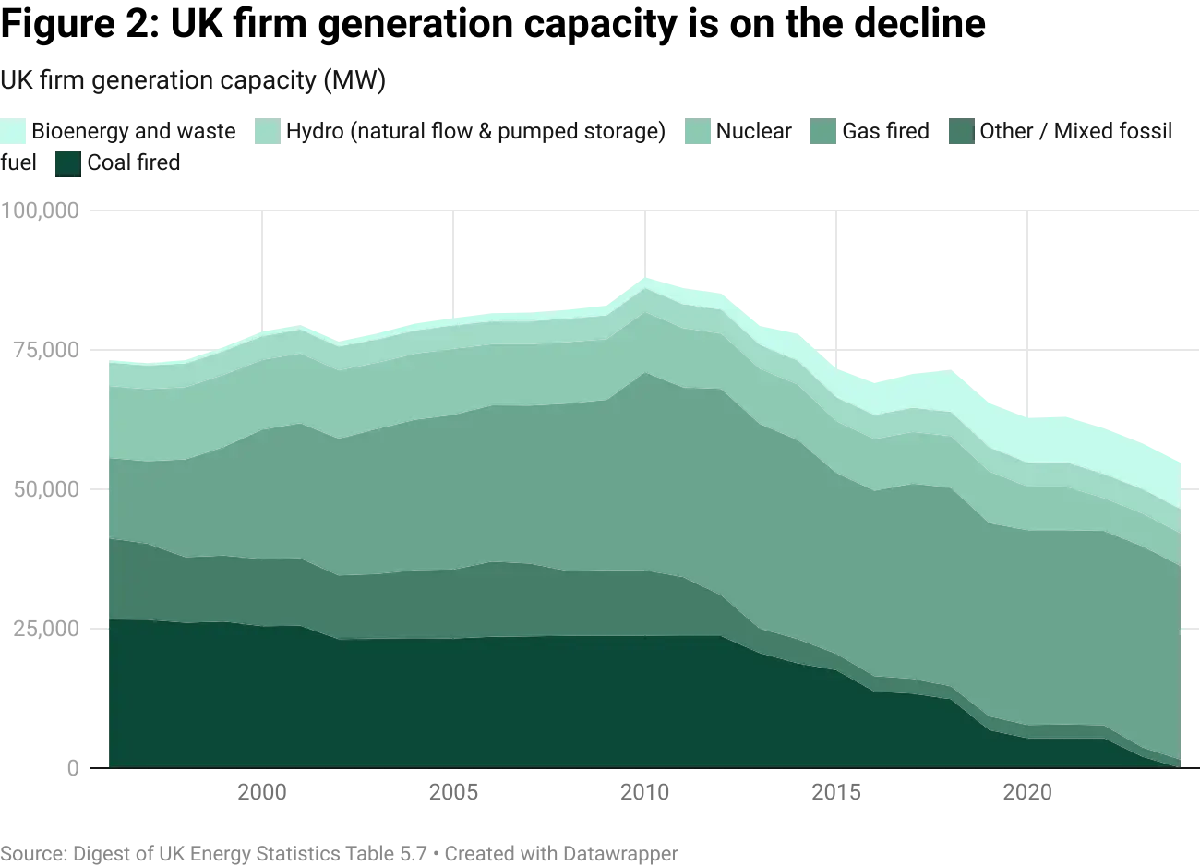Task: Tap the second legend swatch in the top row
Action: [264, 131]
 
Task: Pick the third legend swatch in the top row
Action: [696, 131]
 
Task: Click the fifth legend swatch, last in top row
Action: [961, 131]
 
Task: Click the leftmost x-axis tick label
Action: [263, 793]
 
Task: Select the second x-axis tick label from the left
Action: [455, 793]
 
